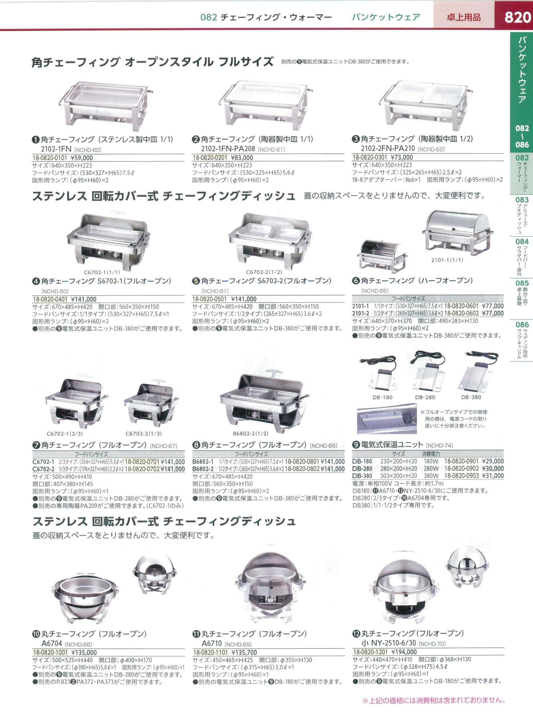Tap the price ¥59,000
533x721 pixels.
click(82, 158)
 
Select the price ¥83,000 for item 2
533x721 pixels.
click(242, 158)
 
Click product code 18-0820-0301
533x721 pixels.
click(370, 157)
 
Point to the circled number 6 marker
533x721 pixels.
click(356, 281)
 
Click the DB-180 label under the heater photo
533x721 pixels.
click(382, 398)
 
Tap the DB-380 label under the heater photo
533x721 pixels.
click(471, 398)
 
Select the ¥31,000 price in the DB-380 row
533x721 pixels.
click(493, 476)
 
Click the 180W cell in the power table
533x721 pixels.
click(430, 461)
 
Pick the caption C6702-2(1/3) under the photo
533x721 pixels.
click(143, 433)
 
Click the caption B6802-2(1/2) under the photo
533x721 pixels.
click(251, 433)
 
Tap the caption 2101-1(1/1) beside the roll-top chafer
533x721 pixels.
click(447, 260)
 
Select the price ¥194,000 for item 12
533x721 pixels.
click(404, 652)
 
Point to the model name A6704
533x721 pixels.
click(52, 643)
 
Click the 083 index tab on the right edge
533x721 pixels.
click(522, 200)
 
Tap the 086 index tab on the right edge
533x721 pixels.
click(522, 324)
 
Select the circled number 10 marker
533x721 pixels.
click(36, 634)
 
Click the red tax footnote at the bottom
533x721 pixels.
click(434, 700)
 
